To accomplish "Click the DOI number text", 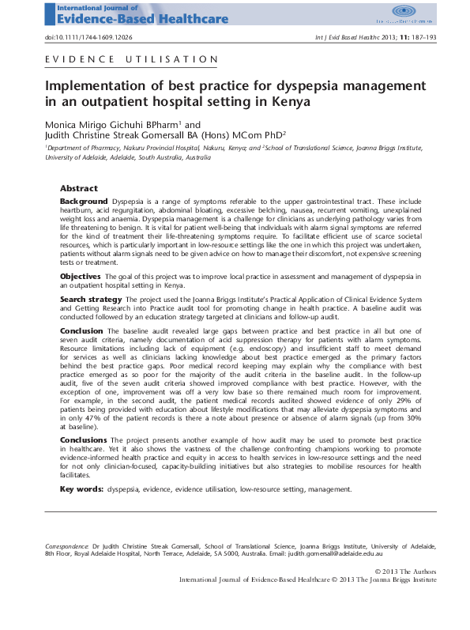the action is click(87, 38).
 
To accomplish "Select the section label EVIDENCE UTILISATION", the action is click(132, 59).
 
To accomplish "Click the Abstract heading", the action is click(79, 189).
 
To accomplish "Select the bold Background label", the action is click(85, 202).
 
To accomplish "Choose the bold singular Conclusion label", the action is click(81, 330).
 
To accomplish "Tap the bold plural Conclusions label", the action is click(84, 439).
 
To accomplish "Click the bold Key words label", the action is click(81, 489).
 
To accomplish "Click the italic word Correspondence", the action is click(66, 546).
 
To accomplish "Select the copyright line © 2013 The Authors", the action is click(405, 571).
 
